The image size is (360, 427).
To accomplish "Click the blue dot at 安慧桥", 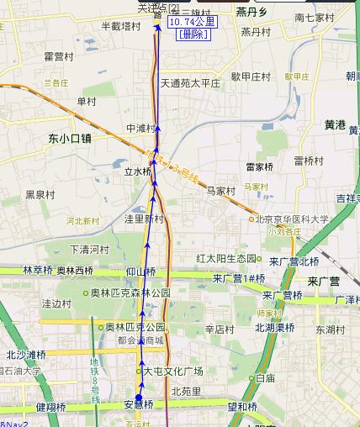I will point(139,398).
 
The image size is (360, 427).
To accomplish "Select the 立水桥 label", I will point(137,171).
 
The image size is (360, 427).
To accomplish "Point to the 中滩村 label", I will point(140,129).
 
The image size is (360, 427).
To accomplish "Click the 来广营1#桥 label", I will point(239,278).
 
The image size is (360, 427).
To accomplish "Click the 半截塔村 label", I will point(120,26).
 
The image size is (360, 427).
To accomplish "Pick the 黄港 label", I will point(335,124).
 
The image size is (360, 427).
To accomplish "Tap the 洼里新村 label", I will point(144,219).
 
